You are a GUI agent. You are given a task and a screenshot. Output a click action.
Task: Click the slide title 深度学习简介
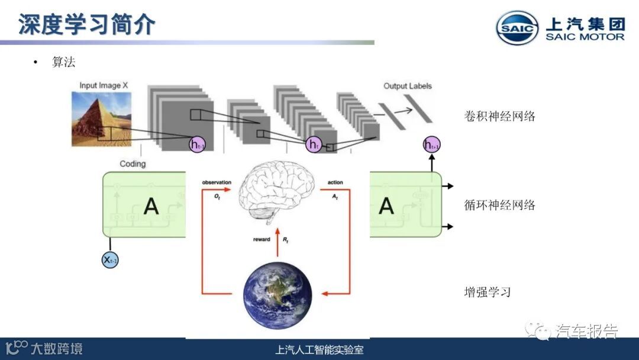[87, 24]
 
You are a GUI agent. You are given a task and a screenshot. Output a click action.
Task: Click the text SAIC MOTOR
[585, 37]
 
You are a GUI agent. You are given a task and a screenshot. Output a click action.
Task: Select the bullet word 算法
[64, 62]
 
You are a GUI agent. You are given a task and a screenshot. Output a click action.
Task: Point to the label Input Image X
[104, 86]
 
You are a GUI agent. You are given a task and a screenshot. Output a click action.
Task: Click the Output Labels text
[408, 86]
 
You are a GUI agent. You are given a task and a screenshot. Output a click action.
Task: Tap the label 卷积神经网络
[500, 116]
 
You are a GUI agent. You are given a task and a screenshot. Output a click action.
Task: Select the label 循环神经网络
[500, 205]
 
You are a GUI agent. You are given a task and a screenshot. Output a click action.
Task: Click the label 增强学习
[487, 292]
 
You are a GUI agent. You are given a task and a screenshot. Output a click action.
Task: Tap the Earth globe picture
[277, 295]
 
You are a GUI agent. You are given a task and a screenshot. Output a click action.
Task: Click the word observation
[216, 182]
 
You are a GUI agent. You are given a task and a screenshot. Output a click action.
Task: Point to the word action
[335, 182]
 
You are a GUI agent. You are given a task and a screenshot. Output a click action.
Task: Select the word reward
[261, 240]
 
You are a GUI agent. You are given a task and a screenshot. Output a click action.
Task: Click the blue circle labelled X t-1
[110, 259]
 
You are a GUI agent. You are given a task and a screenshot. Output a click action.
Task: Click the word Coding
[133, 163]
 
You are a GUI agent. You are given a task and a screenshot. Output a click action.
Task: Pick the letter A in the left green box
[151, 206]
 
